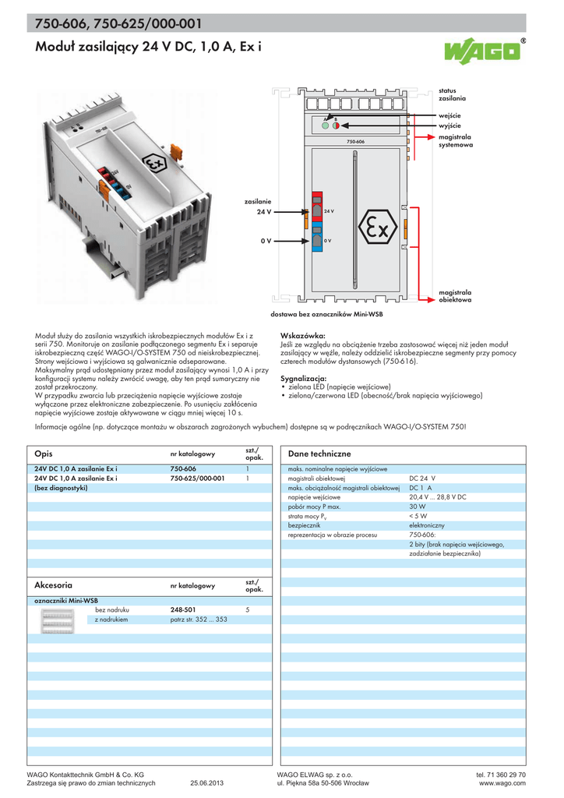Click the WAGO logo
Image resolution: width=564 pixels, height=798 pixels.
(x=483, y=52)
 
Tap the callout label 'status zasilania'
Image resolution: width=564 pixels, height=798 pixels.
(x=452, y=95)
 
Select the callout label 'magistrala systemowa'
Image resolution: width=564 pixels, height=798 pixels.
(x=455, y=140)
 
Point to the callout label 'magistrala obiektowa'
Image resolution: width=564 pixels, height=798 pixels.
(x=455, y=296)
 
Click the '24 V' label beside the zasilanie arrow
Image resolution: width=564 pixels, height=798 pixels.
(x=264, y=211)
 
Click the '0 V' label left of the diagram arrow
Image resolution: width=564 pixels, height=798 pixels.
(x=266, y=241)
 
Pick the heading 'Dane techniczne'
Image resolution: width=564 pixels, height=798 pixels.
(x=319, y=454)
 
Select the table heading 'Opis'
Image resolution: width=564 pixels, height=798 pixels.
(x=44, y=454)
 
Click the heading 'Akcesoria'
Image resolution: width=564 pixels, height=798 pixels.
(x=54, y=584)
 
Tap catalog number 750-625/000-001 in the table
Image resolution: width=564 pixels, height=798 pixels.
(x=197, y=478)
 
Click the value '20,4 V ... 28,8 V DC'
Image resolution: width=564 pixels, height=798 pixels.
(x=438, y=496)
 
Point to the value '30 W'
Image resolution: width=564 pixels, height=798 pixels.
(x=418, y=506)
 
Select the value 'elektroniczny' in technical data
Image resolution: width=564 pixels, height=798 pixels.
(x=427, y=526)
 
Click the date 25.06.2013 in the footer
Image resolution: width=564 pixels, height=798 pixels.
(x=206, y=783)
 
